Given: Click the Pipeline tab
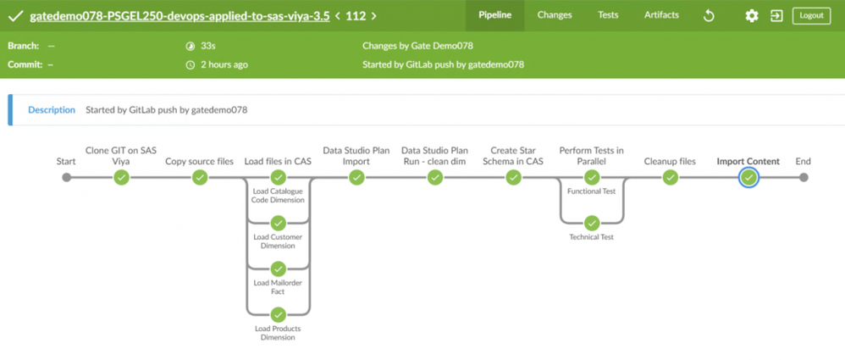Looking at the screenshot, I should tap(494, 15).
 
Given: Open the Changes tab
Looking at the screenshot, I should tap(555, 15).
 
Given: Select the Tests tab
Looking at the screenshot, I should tap(608, 15).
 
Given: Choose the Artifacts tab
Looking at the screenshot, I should tap(661, 15).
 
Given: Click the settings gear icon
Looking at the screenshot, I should tap(751, 16).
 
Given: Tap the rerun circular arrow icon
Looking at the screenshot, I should tap(709, 16).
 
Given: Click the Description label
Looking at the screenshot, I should tap(52, 109).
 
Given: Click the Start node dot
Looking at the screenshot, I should tap(66, 178).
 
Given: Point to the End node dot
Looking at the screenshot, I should tap(804, 178).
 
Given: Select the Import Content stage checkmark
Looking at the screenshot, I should tap(748, 178).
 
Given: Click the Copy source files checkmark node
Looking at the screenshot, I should tap(200, 178).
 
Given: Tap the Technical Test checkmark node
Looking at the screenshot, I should tap(592, 224).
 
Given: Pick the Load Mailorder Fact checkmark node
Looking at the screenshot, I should tap(278, 269).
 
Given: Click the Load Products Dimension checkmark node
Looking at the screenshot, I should tap(278, 315).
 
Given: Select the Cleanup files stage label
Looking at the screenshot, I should tap(670, 162).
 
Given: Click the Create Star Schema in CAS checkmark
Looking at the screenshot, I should tap(513, 178).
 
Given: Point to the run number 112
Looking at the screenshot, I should tap(356, 15).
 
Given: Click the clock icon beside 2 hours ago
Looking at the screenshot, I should tap(191, 64).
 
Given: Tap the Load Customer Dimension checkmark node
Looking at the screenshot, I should tap(278, 224).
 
